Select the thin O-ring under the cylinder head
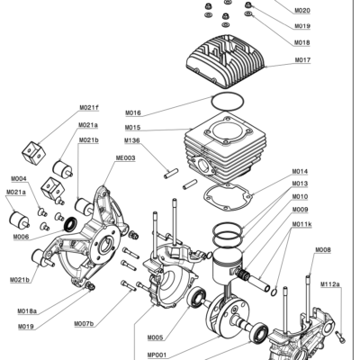point(227,101)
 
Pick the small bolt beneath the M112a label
point(339,337)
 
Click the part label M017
point(302,60)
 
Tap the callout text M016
point(132,113)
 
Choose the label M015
point(132,127)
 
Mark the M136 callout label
point(132,140)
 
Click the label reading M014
point(300,172)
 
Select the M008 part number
point(322,249)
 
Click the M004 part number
point(18,179)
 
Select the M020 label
point(302,11)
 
